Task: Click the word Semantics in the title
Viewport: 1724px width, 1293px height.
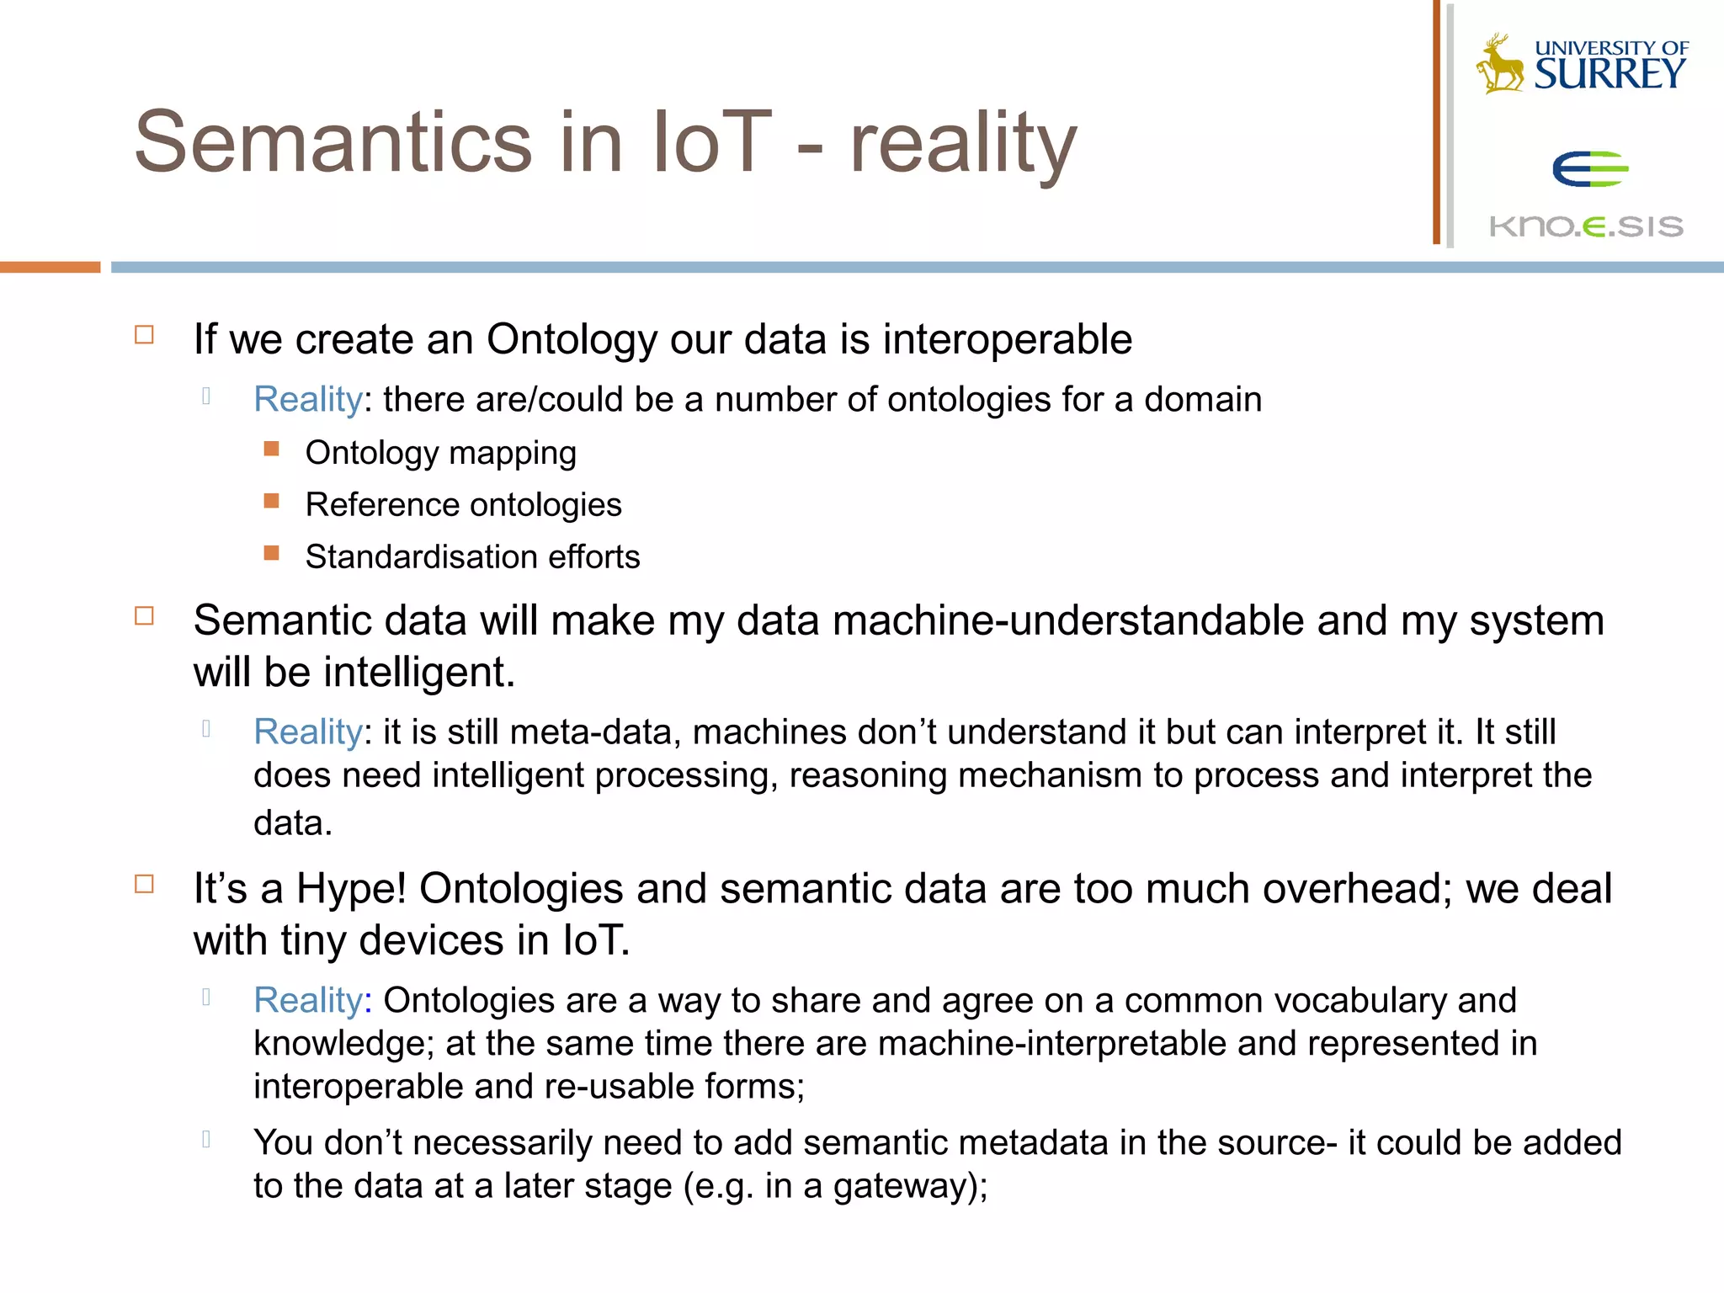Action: [x=333, y=143]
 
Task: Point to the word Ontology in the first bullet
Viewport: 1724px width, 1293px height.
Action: [x=572, y=341]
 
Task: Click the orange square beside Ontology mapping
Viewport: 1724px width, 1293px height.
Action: [x=271, y=449]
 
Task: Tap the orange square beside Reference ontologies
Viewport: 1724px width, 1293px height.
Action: [x=271, y=501]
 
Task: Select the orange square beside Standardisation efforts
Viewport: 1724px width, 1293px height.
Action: [x=271, y=553]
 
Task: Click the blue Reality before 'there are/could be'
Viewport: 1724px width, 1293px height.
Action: [x=308, y=400]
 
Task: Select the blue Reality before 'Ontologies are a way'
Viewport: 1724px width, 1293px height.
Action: [x=308, y=1001]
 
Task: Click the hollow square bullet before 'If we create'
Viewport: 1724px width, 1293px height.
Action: [x=145, y=335]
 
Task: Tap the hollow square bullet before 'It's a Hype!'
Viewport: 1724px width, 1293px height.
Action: [x=145, y=884]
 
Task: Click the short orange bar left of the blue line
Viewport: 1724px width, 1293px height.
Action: [x=50, y=267]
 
